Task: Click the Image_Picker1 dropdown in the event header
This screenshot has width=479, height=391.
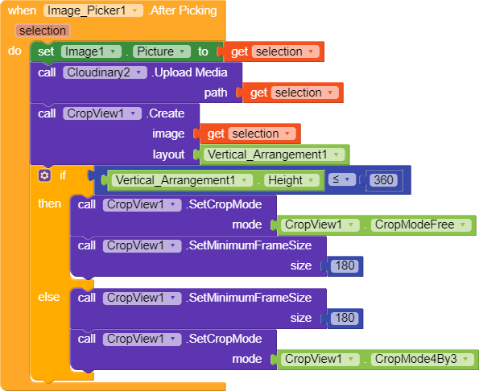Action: tap(93, 10)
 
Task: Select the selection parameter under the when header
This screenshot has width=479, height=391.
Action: tap(43, 31)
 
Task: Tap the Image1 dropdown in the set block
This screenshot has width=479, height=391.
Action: tap(91, 51)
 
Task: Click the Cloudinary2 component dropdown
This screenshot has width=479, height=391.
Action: tap(105, 72)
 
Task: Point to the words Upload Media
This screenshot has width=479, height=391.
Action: tap(190, 72)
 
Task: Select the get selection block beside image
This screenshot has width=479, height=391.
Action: tap(250, 134)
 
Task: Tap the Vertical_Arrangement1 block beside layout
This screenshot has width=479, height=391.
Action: tap(275, 154)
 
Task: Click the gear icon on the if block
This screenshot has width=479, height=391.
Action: tap(44, 175)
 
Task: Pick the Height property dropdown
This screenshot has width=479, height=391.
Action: tap(291, 180)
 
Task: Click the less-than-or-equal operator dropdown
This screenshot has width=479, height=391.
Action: tap(342, 179)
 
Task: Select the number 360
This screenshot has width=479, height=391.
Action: tap(383, 180)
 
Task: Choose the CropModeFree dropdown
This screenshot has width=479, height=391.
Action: tap(421, 225)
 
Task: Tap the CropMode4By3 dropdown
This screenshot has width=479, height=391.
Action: tap(422, 360)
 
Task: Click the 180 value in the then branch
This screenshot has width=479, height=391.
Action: tap(345, 265)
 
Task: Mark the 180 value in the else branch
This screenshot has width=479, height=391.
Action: tap(345, 319)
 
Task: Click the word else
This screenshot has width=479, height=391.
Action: tap(48, 297)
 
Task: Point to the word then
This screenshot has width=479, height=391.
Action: tap(49, 204)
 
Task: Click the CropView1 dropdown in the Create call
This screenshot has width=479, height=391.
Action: tap(102, 113)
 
